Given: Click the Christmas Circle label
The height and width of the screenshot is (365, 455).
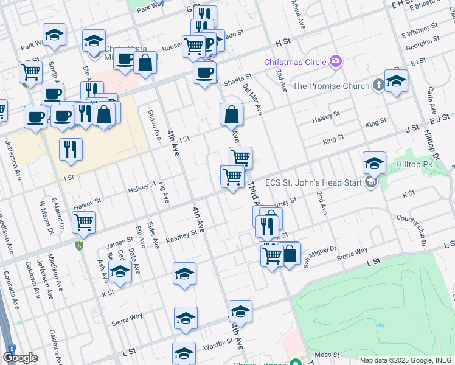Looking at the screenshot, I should point(294,62).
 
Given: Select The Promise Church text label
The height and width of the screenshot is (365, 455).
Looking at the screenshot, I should point(330,86).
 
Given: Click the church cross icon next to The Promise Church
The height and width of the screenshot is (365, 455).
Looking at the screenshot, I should point(378,85).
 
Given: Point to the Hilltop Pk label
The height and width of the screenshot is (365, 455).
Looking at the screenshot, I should point(414,164).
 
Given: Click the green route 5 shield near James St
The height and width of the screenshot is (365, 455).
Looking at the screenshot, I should point(78,246).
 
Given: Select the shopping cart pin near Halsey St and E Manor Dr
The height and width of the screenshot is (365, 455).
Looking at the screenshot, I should point(83,223).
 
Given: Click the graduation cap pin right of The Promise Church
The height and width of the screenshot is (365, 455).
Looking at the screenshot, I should point(396,82).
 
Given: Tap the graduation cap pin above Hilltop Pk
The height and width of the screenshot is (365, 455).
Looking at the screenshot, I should point(374,163).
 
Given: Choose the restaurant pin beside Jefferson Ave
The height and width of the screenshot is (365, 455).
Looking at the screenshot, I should point(71,149).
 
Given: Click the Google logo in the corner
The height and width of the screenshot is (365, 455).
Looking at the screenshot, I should point(20,357).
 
